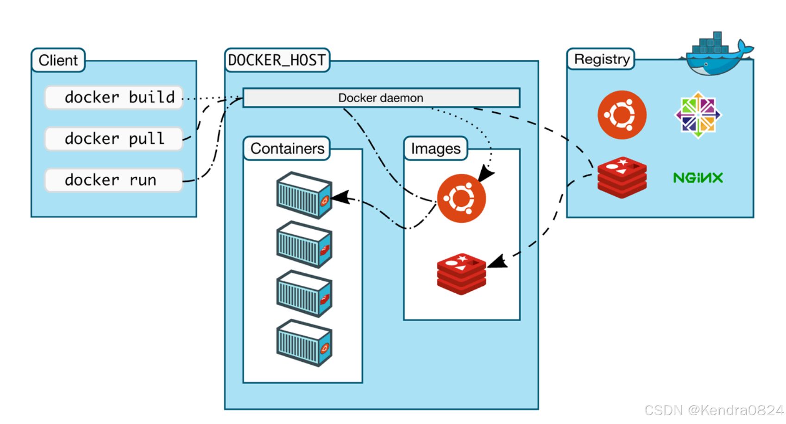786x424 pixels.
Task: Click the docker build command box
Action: (113, 97)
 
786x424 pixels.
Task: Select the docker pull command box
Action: (113, 139)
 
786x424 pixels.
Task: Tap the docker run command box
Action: (113, 180)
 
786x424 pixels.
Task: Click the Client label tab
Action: (58, 60)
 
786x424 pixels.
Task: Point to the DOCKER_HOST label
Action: (277, 60)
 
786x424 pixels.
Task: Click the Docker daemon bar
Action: (381, 98)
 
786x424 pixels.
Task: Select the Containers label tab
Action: (287, 148)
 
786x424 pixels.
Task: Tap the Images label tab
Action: (436, 148)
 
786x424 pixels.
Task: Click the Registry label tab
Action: (601, 59)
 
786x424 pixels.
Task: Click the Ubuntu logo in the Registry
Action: (622, 115)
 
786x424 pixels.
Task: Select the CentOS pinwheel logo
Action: (698, 115)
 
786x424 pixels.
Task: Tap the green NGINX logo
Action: (698, 178)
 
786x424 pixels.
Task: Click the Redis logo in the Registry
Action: (622, 178)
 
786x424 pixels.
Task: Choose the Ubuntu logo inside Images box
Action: (461, 198)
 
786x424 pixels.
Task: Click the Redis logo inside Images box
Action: (461, 274)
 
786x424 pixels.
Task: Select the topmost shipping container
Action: (304, 195)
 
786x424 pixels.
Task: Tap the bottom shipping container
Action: (304, 343)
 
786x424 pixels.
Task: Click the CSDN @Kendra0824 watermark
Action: (714, 410)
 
